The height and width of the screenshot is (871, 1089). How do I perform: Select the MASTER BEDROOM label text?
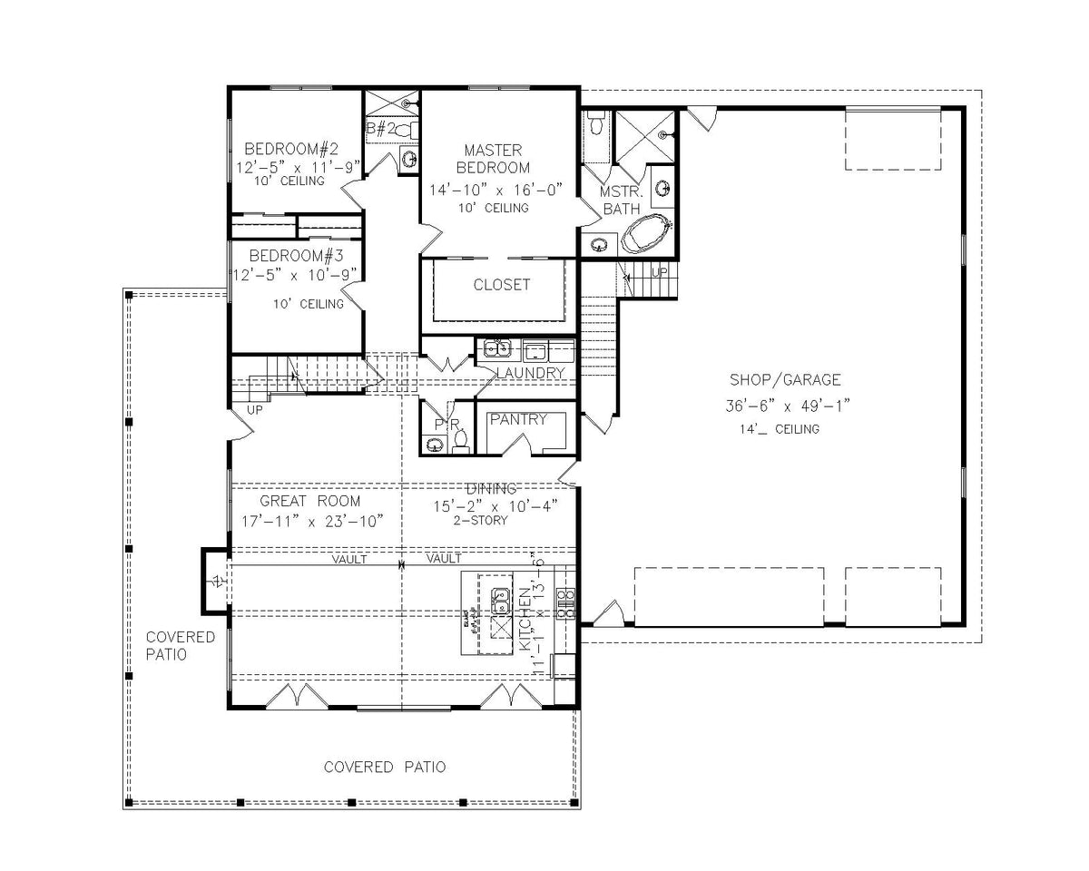[x=493, y=159]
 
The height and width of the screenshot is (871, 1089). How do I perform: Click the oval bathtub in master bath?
[x=647, y=235]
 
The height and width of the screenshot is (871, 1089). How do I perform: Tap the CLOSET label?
[x=502, y=285]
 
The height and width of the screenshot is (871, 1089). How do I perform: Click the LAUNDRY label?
[x=531, y=373]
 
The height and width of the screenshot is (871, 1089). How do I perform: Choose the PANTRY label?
[x=518, y=419]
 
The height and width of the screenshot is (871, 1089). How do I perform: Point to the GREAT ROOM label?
[x=309, y=501]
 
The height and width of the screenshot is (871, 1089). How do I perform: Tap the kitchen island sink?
[x=500, y=600]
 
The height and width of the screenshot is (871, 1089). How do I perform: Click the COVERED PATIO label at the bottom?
[x=385, y=768]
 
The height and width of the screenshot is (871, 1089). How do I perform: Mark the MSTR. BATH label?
[x=621, y=201]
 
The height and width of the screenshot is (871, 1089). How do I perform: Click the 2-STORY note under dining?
[x=481, y=521]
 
